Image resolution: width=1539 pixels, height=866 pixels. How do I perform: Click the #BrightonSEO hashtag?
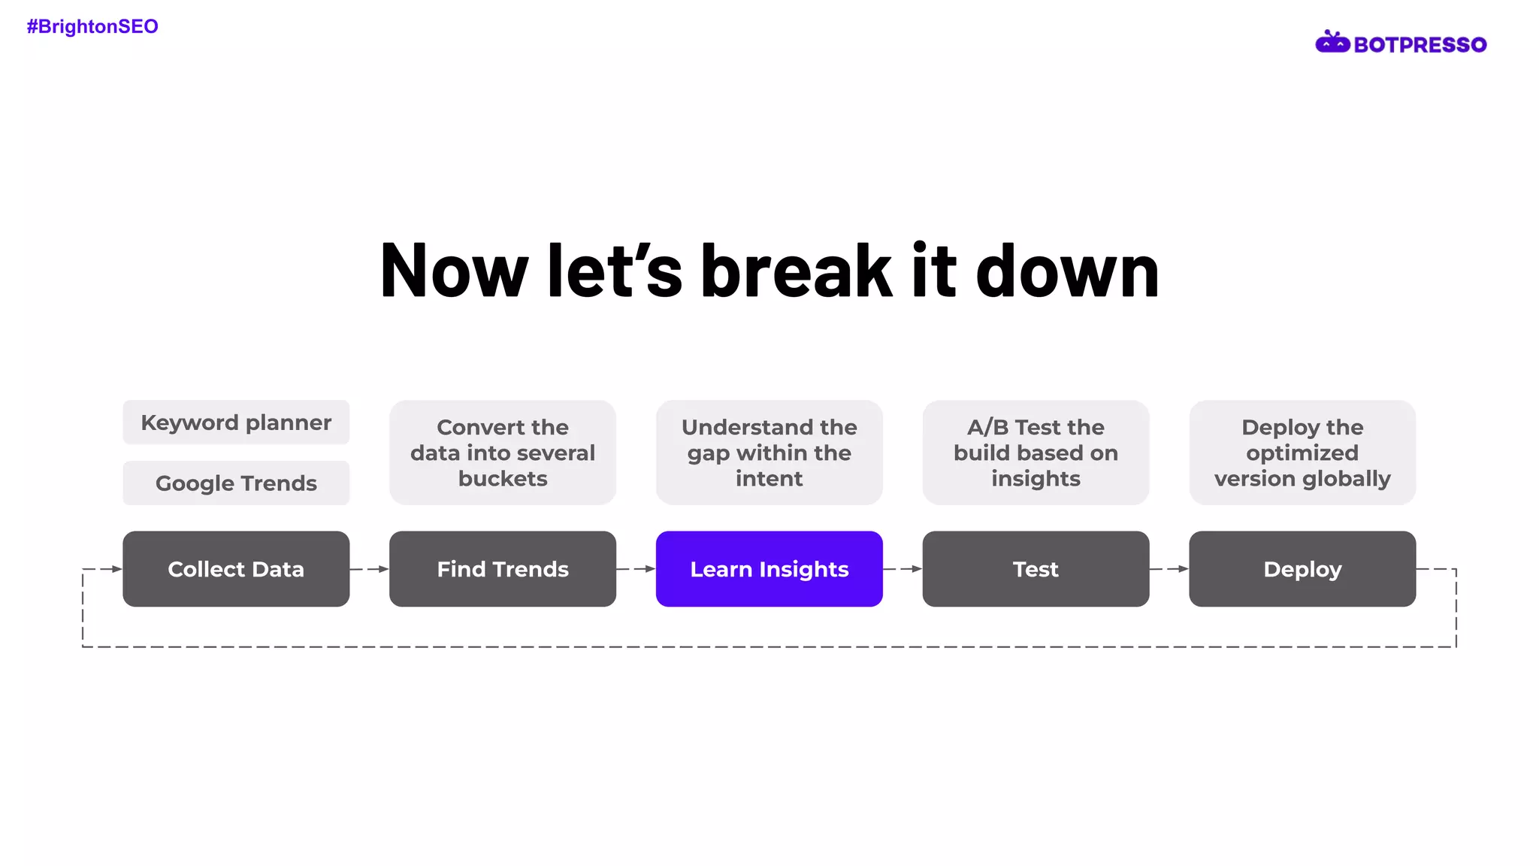(92, 27)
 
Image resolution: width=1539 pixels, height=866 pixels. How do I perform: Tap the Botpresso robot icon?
(1332, 43)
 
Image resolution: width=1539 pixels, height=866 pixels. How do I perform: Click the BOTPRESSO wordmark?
(1420, 45)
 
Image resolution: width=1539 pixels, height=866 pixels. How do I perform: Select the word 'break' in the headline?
(796, 271)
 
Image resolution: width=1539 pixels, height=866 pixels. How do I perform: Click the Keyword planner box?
(236, 422)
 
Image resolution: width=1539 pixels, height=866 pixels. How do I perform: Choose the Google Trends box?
(236, 483)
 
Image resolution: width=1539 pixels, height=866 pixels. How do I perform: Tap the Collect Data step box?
(236, 569)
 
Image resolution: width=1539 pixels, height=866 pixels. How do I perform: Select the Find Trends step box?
(503, 569)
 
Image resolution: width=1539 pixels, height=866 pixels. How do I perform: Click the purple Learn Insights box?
(769, 569)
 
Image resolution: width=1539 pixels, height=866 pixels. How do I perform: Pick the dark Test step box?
(1036, 569)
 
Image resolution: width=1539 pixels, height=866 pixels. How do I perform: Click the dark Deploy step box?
(1302, 569)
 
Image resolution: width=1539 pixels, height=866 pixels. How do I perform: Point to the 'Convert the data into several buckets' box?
(503, 453)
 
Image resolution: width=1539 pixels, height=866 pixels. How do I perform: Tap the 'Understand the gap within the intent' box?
(769, 453)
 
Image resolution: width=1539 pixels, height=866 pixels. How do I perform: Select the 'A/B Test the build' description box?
(1036, 453)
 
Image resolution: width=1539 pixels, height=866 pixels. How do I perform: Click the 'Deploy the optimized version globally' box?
(1302, 453)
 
